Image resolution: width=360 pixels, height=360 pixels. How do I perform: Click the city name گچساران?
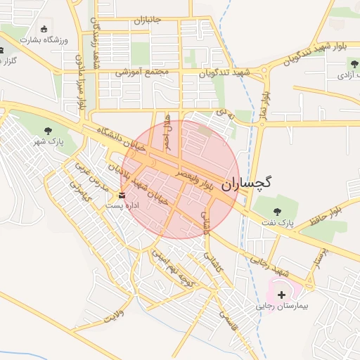coord(247,184)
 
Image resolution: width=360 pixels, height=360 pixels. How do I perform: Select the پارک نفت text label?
coord(279,223)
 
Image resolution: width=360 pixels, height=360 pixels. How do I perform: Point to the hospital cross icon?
coord(282,295)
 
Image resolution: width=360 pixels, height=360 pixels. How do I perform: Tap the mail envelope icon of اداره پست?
coord(122,195)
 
